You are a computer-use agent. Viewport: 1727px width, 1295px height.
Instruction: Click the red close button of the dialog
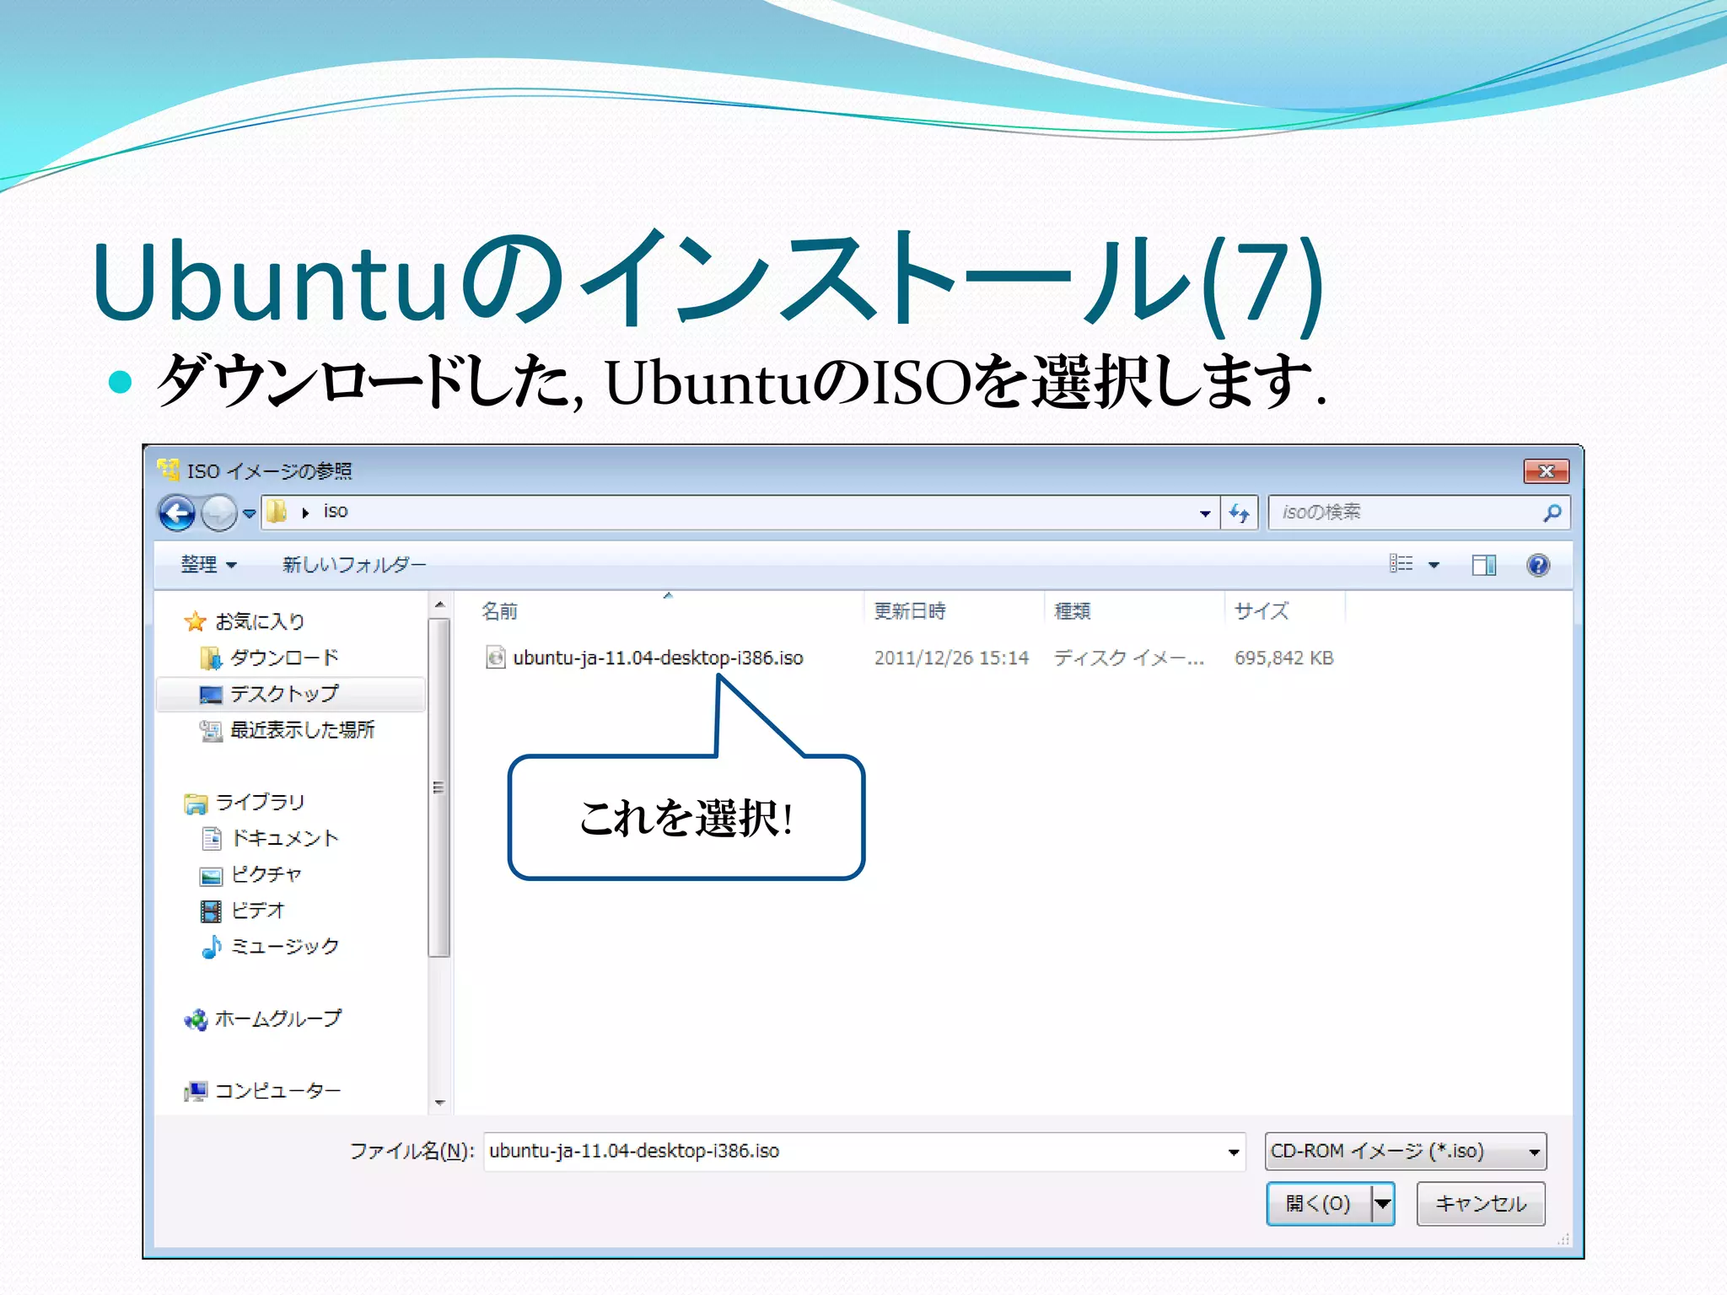click(1545, 471)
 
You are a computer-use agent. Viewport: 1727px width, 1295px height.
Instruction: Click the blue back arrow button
click(177, 513)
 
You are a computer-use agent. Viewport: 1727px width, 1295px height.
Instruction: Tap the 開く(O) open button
click(1318, 1203)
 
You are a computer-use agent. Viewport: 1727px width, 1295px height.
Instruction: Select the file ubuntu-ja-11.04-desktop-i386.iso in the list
click(657, 658)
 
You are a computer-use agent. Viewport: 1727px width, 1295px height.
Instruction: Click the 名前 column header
click(499, 611)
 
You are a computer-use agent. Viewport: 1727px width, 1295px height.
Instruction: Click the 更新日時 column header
click(909, 611)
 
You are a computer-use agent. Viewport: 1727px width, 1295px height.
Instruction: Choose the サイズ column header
click(1261, 611)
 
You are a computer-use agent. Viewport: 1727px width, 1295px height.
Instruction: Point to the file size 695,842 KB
click(1283, 658)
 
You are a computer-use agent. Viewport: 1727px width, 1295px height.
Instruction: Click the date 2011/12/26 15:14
click(950, 658)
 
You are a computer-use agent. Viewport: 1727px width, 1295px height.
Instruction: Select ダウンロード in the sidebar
click(283, 658)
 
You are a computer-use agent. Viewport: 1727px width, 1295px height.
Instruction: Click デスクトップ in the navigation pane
click(283, 694)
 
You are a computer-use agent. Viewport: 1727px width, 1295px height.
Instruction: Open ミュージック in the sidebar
click(283, 947)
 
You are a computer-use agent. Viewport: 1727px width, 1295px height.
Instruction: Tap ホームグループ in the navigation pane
click(277, 1018)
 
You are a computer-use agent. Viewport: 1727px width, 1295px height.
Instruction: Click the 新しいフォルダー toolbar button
click(353, 565)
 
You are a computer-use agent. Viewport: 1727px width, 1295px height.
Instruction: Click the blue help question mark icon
click(1537, 565)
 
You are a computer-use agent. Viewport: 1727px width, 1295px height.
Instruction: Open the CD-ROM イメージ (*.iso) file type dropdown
click(1405, 1152)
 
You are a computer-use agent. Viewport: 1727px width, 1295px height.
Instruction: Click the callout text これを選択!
click(686, 818)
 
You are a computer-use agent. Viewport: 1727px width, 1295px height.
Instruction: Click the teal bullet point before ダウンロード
click(121, 382)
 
